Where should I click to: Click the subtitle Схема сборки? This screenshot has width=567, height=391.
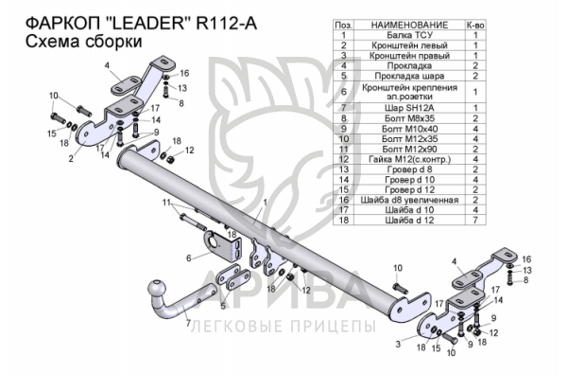click(80, 42)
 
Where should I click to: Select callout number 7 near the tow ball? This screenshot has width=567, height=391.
click(187, 324)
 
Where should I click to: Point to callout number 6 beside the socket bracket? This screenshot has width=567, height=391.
click(188, 258)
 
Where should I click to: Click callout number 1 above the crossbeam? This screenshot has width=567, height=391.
click(266, 203)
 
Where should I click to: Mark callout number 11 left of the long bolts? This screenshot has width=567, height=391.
click(167, 204)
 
